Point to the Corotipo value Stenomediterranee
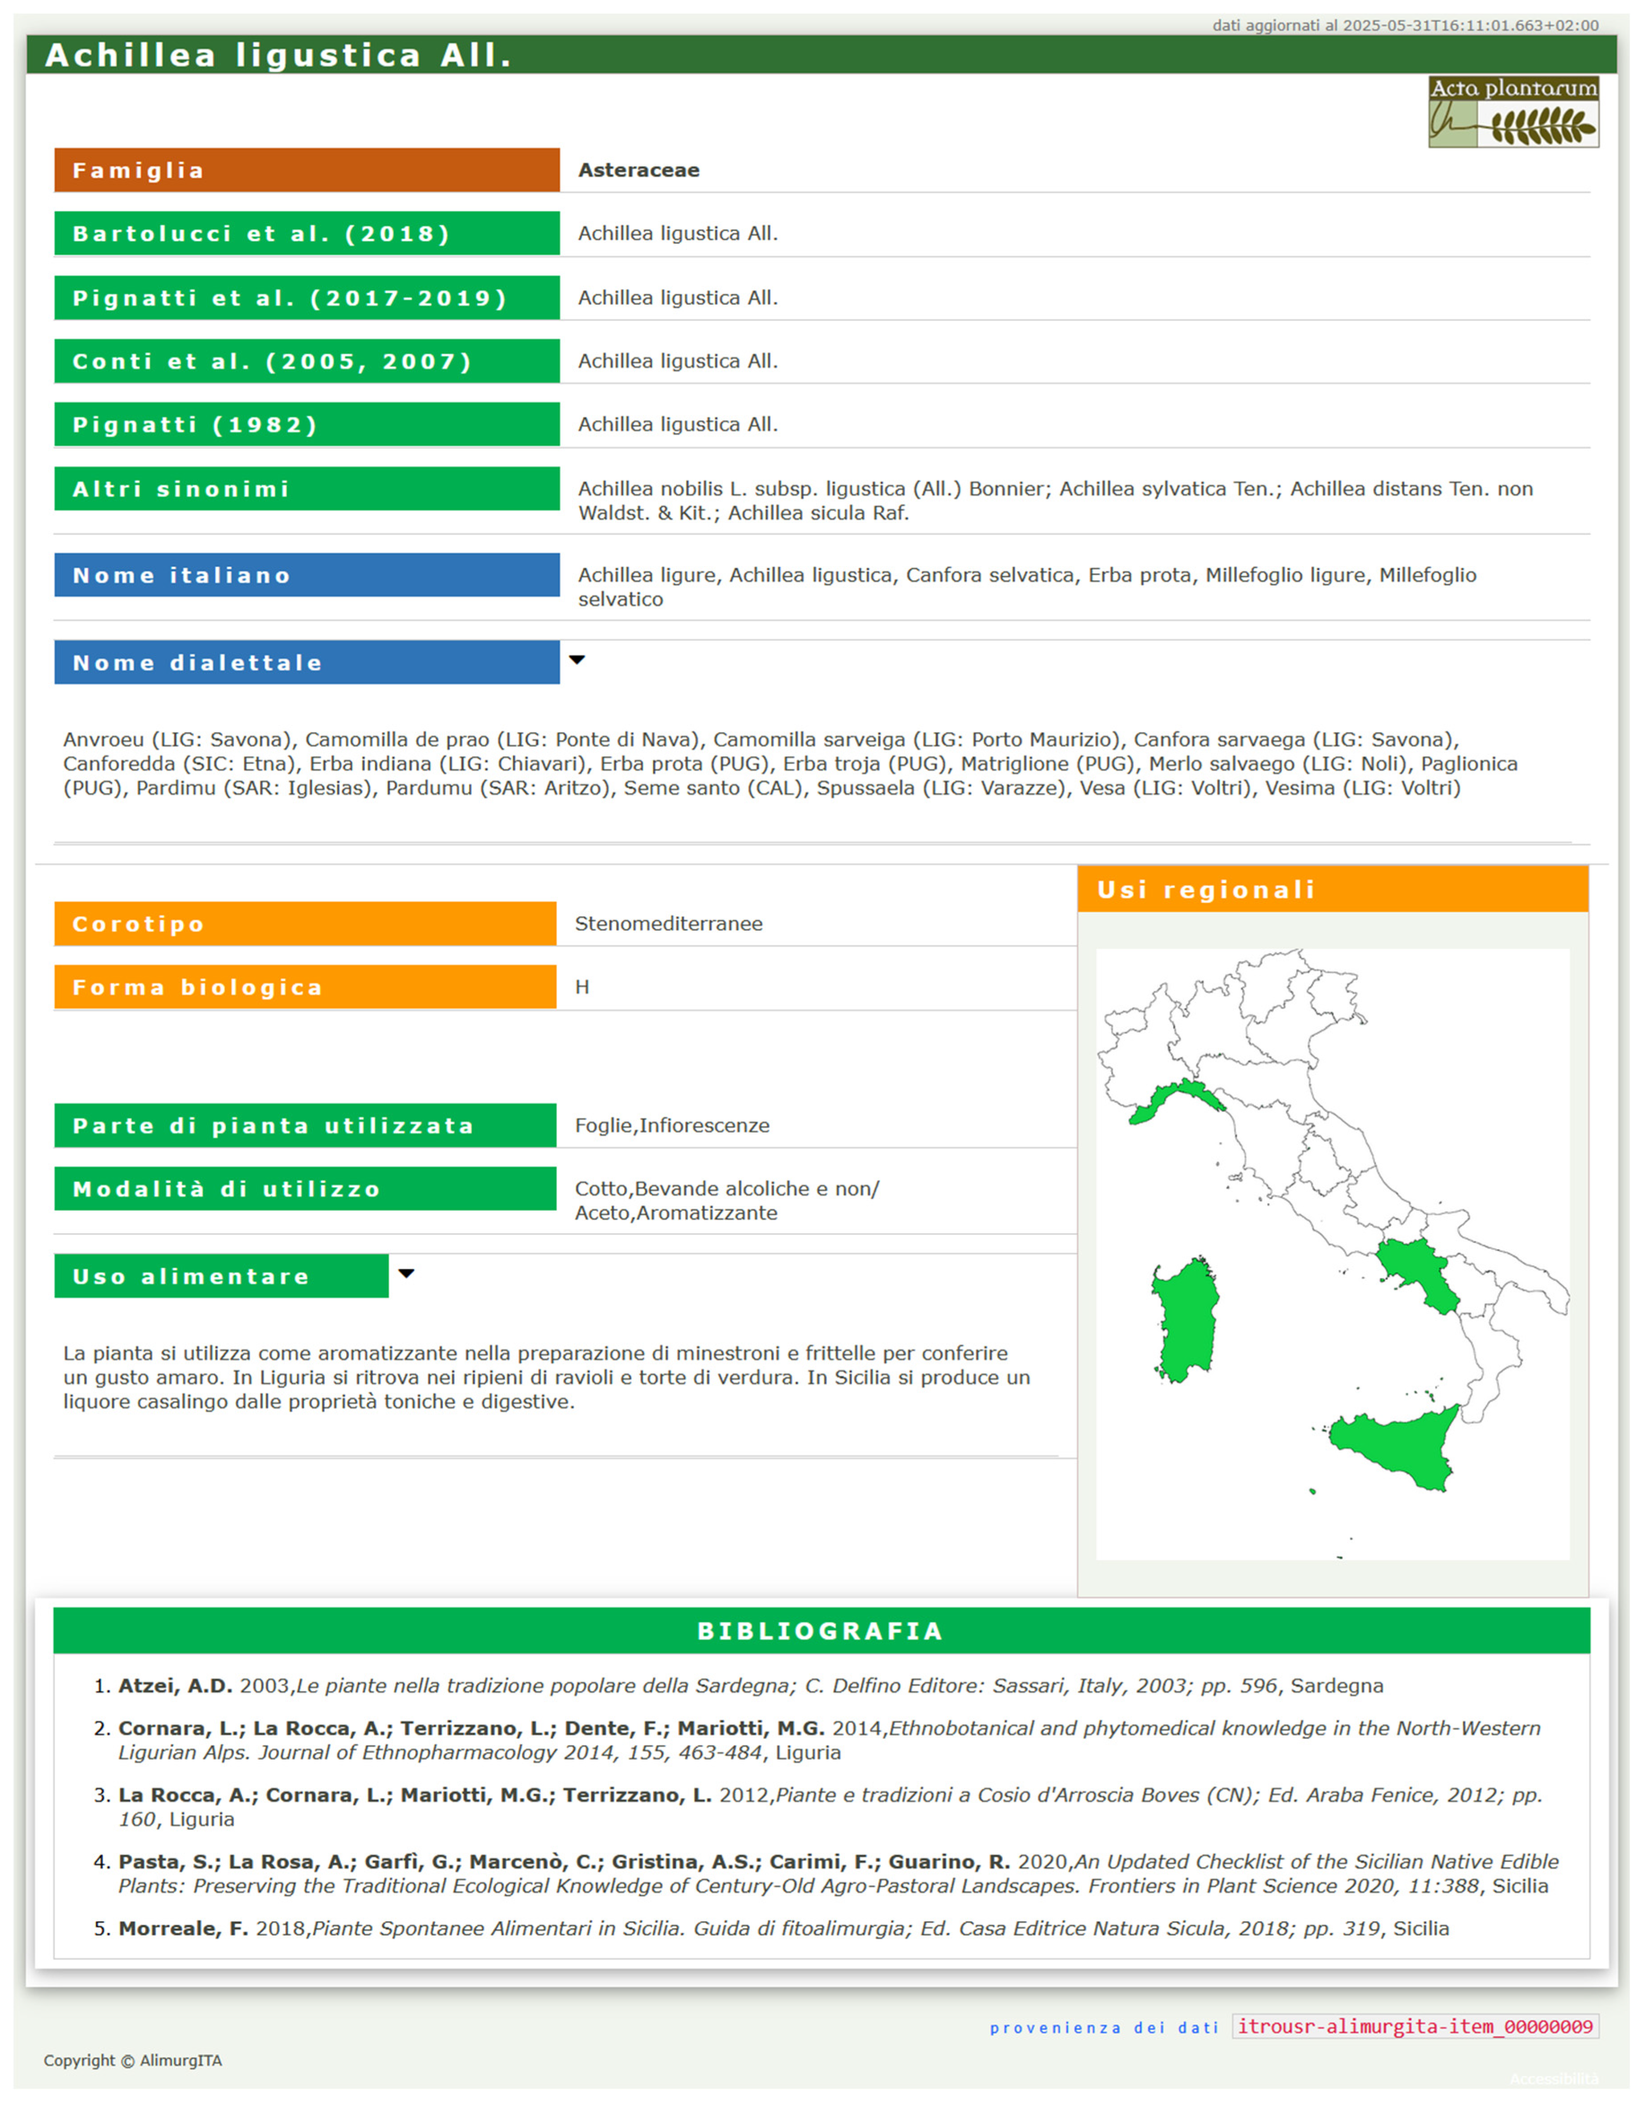coord(668,924)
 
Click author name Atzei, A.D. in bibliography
coord(174,1686)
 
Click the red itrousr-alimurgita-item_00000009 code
coord(1415,2027)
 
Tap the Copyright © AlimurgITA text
coord(132,2061)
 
